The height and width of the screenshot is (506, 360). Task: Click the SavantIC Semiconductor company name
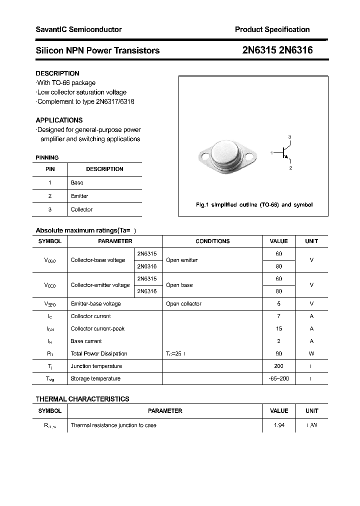pyautogui.click(x=78, y=29)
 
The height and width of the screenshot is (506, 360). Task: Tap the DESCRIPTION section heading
pyautogui.click(x=57, y=73)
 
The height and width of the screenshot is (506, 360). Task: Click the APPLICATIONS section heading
pyautogui.click(x=59, y=120)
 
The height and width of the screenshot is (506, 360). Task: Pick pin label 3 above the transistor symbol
pyautogui.click(x=289, y=137)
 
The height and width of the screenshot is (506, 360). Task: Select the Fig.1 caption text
pyautogui.click(x=253, y=205)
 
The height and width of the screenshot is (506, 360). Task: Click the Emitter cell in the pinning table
pyautogui.click(x=79, y=196)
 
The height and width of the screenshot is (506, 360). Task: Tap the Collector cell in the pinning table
pyautogui.click(x=81, y=209)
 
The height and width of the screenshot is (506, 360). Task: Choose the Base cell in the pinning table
pyautogui.click(x=77, y=182)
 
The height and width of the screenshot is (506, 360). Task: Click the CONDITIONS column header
pyautogui.click(x=212, y=241)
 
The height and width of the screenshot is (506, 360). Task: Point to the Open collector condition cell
pyautogui.click(x=183, y=303)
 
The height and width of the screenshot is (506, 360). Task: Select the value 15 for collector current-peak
pyautogui.click(x=278, y=328)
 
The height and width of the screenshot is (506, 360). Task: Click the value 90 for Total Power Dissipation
pyautogui.click(x=278, y=353)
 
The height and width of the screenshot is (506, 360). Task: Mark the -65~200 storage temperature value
pyautogui.click(x=278, y=378)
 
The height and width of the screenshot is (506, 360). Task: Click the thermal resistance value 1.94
pyautogui.click(x=278, y=425)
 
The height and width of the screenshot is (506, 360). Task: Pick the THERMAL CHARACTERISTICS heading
pyautogui.click(x=82, y=399)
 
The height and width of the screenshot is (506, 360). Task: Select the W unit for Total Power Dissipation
pyautogui.click(x=311, y=353)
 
